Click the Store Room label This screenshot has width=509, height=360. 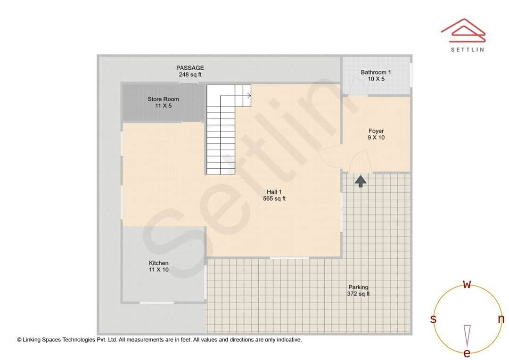(163, 99)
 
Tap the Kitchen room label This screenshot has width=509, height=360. (158, 263)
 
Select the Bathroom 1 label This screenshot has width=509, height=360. (376, 73)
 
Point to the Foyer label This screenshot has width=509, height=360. (376, 131)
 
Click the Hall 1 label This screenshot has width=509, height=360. (274, 192)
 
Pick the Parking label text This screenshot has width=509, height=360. (358, 287)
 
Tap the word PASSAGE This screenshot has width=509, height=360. (190, 68)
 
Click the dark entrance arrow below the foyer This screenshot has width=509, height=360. (361, 180)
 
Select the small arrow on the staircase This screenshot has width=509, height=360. (247, 96)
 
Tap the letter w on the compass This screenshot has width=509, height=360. (467, 284)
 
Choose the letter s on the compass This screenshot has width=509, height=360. (433, 319)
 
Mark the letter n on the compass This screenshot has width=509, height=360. (501, 319)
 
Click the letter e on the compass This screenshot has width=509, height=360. (467, 353)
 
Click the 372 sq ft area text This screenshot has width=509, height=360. (358, 294)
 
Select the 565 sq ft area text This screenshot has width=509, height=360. (274, 199)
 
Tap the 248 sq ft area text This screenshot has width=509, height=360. (190, 75)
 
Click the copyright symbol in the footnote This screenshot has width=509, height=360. (19, 340)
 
